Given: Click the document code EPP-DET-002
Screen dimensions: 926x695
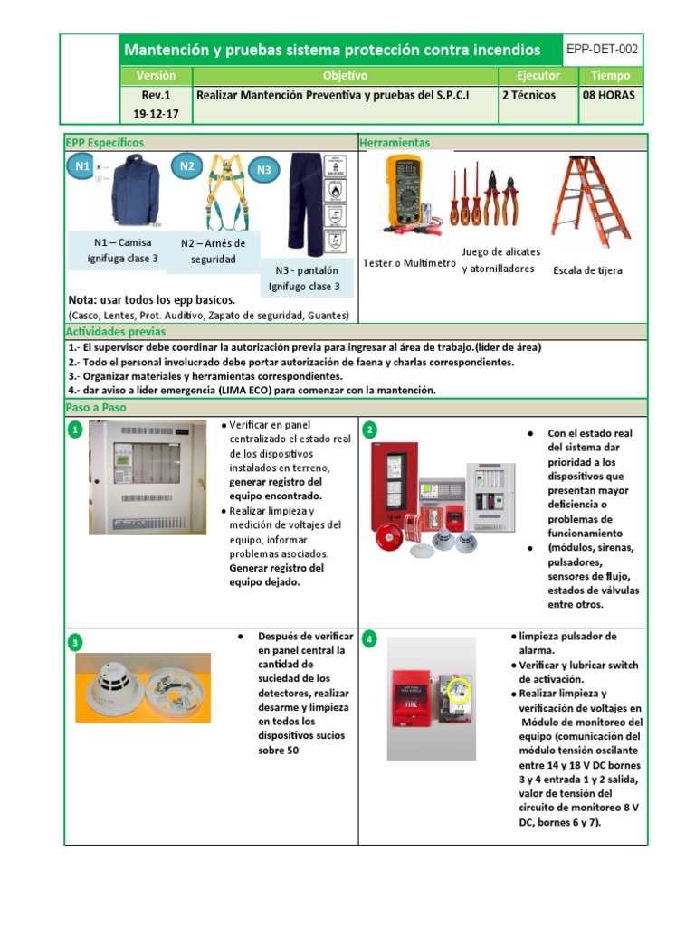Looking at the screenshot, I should (x=603, y=49).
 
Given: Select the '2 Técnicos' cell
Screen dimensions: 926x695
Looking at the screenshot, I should (x=528, y=95).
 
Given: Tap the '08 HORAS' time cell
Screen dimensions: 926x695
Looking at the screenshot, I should (x=609, y=95).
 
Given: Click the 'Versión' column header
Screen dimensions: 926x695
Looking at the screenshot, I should (x=156, y=76).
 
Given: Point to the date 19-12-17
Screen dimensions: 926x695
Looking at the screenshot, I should (x=156, y=114).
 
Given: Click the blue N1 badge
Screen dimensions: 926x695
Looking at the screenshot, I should (x=81, y=166).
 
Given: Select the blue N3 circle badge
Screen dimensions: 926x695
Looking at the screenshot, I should (x=264, y=169).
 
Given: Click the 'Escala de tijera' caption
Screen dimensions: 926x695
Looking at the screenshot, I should (x=587, y=270).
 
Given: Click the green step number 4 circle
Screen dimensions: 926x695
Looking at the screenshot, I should (x=368, y=639).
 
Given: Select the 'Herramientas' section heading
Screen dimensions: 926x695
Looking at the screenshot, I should (x=395, y=143).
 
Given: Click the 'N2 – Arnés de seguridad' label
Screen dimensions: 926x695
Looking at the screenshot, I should (x=213, y=251).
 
